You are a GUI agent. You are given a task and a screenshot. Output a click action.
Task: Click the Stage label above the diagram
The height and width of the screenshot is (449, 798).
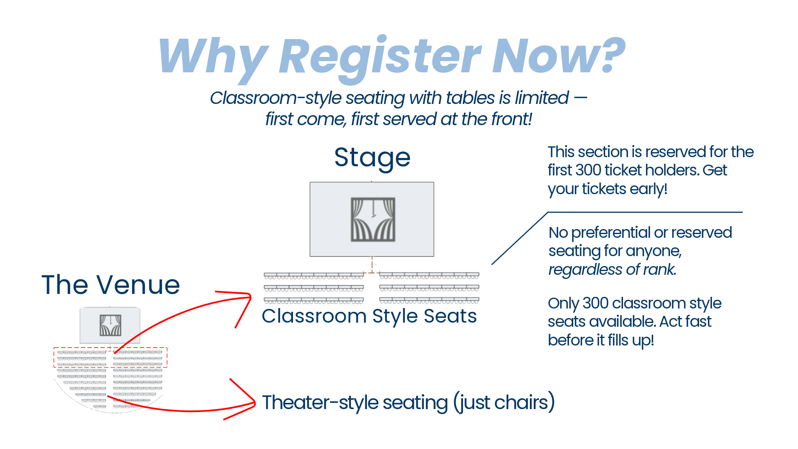[372, 158]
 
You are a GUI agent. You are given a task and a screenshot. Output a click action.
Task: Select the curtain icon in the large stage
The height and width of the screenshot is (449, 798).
[373, 220]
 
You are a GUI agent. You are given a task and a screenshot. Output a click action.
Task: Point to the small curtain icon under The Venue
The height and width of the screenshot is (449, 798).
[110, 325]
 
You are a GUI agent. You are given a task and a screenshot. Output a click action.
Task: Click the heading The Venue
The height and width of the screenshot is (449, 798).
[111, 285]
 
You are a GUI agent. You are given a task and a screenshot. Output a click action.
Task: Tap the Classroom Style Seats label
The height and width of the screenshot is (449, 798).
[369, 316]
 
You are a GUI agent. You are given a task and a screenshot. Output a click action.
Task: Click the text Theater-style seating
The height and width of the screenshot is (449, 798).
[355, 402]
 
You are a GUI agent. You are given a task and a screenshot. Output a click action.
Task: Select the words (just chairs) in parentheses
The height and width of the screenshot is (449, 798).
[504, 402]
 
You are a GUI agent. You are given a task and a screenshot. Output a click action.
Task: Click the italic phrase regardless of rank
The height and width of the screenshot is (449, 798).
[612, 270]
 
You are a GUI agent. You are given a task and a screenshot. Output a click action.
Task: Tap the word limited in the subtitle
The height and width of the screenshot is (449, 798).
[542, 98]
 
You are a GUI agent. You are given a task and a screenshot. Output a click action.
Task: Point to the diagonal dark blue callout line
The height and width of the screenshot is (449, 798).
[520, 238]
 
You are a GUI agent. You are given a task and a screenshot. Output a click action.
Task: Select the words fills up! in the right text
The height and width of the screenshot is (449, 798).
[631, 340]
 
